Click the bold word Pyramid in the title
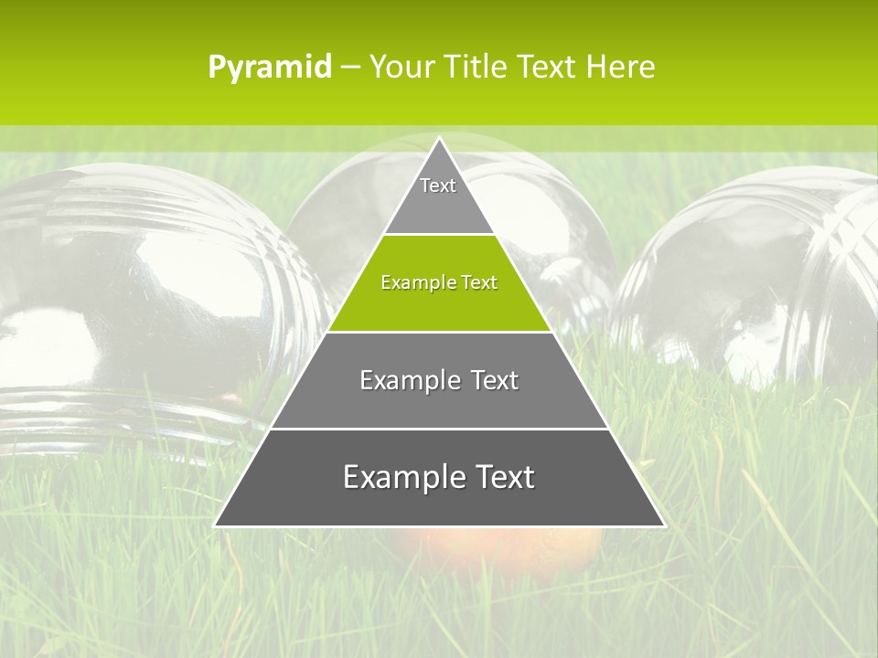(x=270, y=68)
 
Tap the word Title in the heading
(x=475, y=68)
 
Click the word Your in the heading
(x=403, y=68)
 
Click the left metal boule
(x=137, y=292)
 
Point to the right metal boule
(x=759, y=274)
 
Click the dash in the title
(x=350, y=68)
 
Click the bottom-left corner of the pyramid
(x=216, y=525)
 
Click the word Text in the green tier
(x=478, y=283)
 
